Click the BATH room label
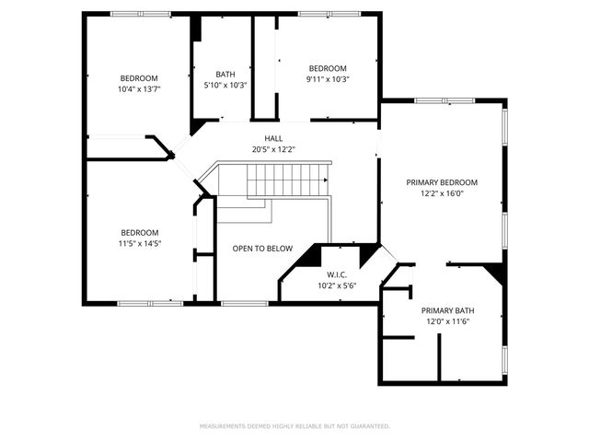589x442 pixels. [x=225, y=75]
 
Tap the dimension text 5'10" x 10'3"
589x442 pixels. [x=225, y=85]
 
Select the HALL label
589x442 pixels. [x=273, y=138]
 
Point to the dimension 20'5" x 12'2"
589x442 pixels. [x=273, y=149]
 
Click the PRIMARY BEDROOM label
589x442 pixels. [x=442, y=182]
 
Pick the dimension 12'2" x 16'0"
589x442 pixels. [x=442, y=193]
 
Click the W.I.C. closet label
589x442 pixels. [x=336, y=274]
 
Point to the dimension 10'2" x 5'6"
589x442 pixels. [x=336, y=285]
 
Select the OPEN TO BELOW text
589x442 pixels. [x=262, y=249]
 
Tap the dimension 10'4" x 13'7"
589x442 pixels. [x=139, y=89]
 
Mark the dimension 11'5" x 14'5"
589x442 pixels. [x=139, y=243]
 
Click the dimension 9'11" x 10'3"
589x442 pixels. [x=328, y=79]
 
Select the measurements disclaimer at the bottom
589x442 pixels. [x=294, y=426]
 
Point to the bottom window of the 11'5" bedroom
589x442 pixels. [x=150, y=303]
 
